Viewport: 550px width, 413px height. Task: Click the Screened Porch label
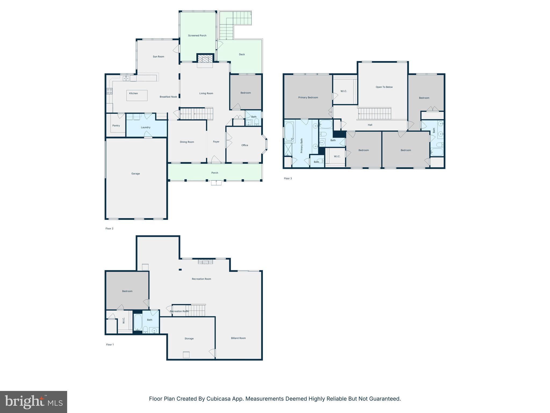(197, 35)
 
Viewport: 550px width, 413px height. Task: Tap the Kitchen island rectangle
(137, 95)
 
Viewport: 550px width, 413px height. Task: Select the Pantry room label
(116, 126)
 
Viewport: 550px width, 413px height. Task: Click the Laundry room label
(146, 127)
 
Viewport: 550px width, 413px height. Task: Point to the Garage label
(136, 174)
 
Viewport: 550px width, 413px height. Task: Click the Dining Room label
(187, 142)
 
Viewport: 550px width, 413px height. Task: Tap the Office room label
(245, 145)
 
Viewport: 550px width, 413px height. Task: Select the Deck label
(242, 54)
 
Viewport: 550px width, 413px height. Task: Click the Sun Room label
(158, 56)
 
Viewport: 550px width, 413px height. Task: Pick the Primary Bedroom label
(308, 98)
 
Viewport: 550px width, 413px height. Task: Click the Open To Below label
(384, 87)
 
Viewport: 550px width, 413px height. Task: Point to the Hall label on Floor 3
(370, 125)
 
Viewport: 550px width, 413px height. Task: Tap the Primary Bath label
(302, 146)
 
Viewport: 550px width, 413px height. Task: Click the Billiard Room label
(238, 338)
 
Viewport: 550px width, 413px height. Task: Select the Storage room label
(189, 339)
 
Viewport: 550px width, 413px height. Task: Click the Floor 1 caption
(110, 344)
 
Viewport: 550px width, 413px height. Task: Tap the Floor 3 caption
(288, 178)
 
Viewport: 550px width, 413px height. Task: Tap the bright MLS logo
(34, 402)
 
